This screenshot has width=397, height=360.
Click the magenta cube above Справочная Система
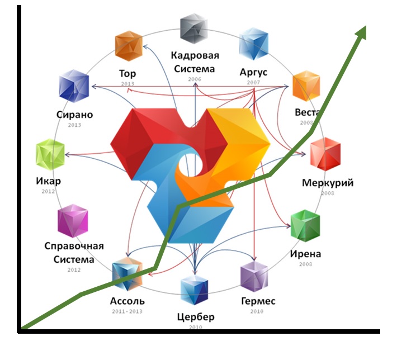(x=73, y=221)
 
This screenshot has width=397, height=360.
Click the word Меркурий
(x=328, y=183)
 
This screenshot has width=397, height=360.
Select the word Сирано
(x=74, y=115)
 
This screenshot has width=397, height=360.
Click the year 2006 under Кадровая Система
(x=194, y=80)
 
